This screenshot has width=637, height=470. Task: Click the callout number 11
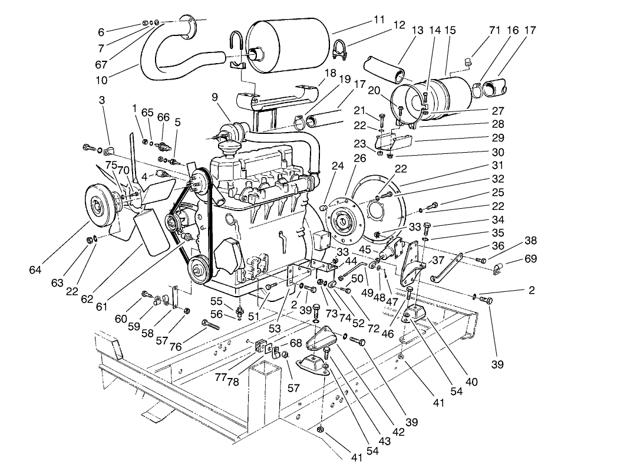(x=379, y=19)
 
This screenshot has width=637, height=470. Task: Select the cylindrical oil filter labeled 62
(x=152, y=233)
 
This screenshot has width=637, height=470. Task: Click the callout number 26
(x=359, y=159)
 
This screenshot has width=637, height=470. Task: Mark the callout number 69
(x=530, y=259)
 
